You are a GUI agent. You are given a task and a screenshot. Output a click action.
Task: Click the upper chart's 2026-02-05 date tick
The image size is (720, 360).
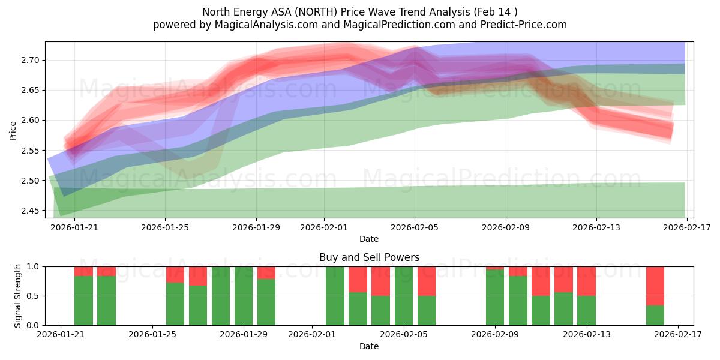tap(415, 227)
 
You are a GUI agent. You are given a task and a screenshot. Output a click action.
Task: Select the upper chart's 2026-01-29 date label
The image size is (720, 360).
tap(256, 227)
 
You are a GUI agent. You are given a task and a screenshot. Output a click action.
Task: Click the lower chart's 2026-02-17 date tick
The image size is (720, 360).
tap(678, 335)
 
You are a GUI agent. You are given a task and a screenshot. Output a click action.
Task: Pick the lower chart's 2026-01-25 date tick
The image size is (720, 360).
tap(152, 335)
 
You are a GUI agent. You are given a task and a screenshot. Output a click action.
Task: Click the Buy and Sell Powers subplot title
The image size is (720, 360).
tap(369, 257)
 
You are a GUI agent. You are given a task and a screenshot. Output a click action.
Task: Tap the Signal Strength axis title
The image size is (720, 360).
tap(18, 296)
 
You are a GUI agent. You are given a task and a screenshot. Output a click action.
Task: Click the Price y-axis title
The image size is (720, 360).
tap(13, 130)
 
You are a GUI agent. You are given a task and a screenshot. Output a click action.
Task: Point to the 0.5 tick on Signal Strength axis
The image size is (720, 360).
tap(34, 296)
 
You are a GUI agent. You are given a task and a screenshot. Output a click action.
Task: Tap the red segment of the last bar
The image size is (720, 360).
tap(655, 286)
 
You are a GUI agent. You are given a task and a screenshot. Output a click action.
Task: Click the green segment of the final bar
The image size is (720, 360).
tap(655, 316)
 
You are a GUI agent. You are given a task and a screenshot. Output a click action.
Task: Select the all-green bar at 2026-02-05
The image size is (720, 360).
tap(404, 296)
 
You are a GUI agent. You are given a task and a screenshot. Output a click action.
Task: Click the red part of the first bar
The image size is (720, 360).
tap(83, 271)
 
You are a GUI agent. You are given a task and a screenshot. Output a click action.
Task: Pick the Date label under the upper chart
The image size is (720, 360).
tap(369, 239)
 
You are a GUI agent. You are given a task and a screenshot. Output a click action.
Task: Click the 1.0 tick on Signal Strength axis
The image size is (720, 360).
tap(34, 266)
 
